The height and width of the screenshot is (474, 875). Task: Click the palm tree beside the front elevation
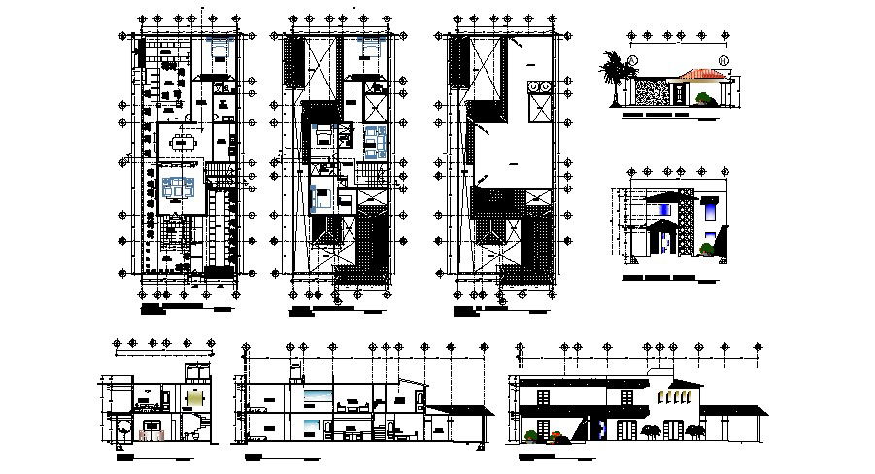(x=614, y=76)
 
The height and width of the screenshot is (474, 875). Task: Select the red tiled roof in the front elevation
(x=702, y=74)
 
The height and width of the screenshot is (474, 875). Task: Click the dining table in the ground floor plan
(x=182, y=145)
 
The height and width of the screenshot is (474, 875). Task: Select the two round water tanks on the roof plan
(x=539, y=90)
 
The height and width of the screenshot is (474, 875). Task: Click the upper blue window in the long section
(x=317, y=393)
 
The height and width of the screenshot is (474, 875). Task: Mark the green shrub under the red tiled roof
(x=703, y=96)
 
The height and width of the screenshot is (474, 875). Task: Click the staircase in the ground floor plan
(x=220, y=173)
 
